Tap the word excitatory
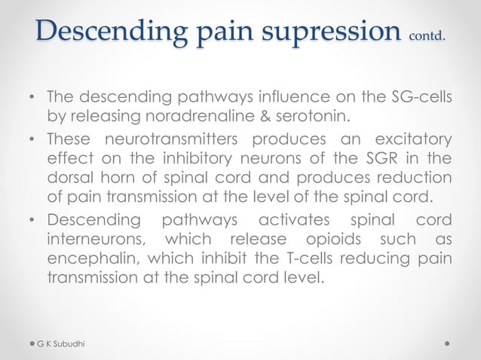[413, 141]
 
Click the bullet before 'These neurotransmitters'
[32, 141]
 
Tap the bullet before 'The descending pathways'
[32, 98]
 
